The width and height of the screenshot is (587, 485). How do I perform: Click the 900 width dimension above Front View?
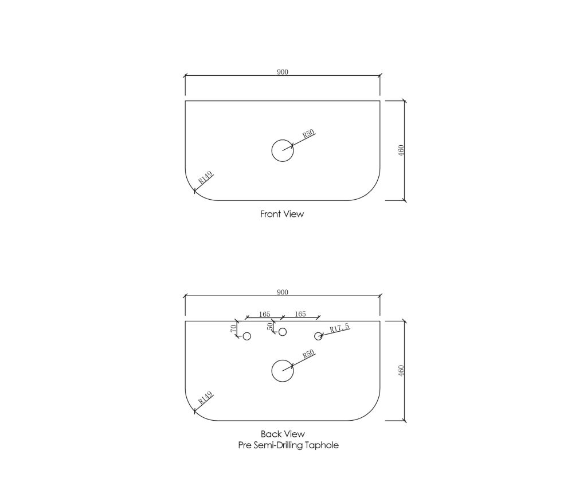(283, 72)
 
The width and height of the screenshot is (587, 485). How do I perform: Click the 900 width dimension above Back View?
(283, 292)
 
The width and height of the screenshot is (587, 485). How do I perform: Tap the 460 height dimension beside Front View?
(401, 151)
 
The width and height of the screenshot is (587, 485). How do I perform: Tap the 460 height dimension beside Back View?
(401, 371)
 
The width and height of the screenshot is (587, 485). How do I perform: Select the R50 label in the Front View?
(308, 134)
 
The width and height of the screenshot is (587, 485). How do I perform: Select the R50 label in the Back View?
(308, 354)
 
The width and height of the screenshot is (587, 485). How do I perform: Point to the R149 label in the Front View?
(205, 177)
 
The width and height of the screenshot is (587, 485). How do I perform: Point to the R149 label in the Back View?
(205, 398)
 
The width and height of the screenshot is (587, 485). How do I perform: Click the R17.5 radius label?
(339, 328)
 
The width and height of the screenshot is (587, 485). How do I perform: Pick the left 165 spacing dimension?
(264, 314)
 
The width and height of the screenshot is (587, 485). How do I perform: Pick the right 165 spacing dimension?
(300, 314)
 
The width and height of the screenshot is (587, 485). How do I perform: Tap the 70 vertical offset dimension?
(233, 328)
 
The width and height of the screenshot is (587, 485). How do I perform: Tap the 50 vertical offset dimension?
(269, 327)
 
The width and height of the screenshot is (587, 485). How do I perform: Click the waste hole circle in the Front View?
(283, 151)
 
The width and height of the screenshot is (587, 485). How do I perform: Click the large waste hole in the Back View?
(283, 371)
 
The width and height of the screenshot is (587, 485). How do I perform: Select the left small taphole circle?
(246, 336)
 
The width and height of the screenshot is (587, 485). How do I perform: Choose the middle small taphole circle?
(283, 332)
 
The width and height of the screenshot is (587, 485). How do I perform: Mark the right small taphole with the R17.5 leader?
(318, 336)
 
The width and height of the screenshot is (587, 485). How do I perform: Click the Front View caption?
(282, 214)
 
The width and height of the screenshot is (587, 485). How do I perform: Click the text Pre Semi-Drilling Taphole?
(288, 445)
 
